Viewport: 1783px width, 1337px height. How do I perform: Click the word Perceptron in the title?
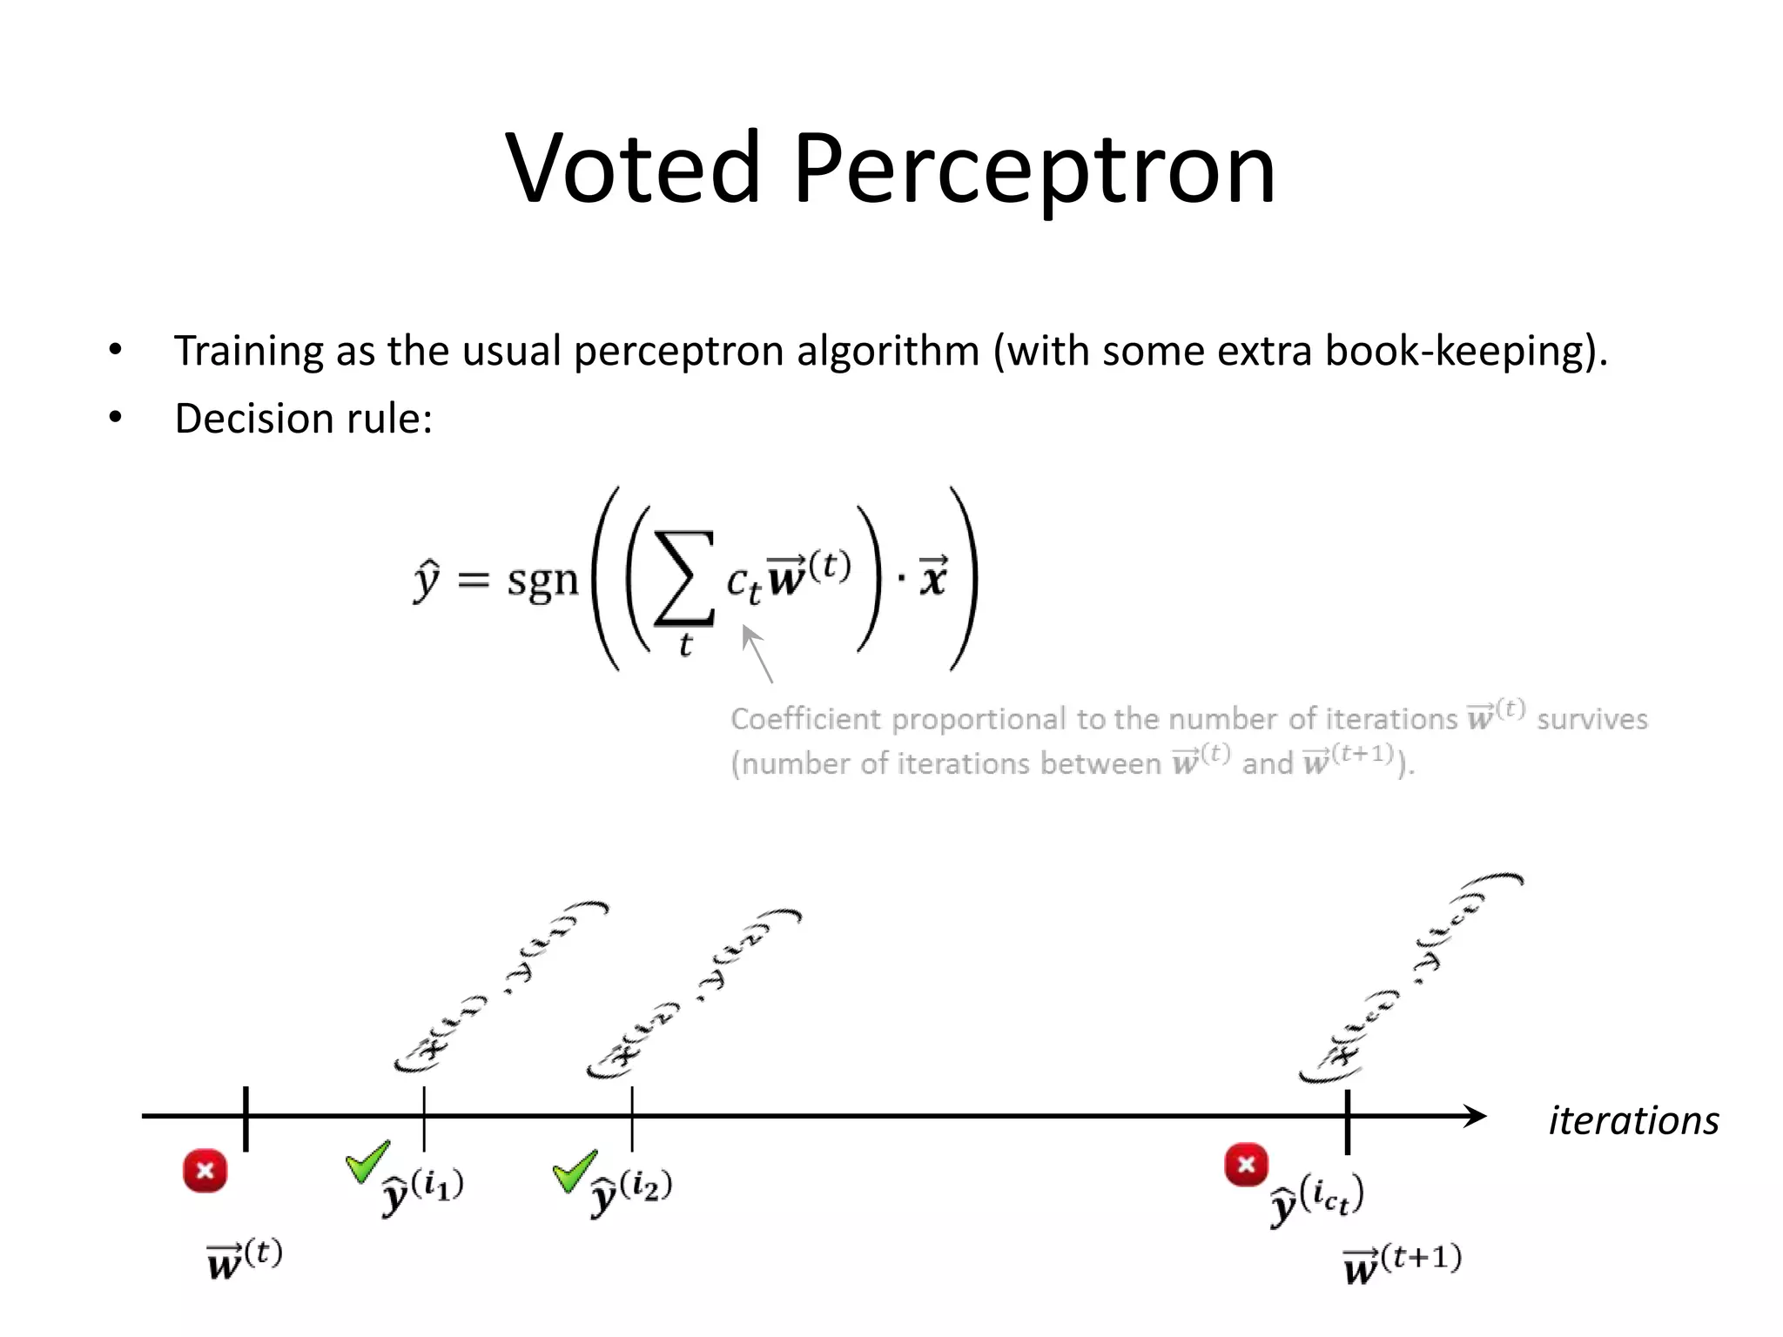click(1033, 171)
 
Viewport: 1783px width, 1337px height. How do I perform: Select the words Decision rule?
click(303, 419)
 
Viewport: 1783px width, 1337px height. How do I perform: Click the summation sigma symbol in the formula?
click(685, 578)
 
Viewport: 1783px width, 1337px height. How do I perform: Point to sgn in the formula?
click(542, 580)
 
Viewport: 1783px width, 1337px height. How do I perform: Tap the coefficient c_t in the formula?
click(743, 581)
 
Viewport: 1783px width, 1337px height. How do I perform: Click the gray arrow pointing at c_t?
click(757, 653)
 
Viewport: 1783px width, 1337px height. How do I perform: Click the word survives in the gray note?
click(1591, 719)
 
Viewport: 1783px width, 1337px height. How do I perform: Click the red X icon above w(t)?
click(205, 1170)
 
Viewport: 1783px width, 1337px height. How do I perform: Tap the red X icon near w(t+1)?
click(1246, 1165)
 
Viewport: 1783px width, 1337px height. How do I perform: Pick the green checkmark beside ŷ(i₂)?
click(575, 1171)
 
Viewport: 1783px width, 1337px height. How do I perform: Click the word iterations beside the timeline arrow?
click(1633, 1120)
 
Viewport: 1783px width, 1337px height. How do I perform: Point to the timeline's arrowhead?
click(1475, 1116)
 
